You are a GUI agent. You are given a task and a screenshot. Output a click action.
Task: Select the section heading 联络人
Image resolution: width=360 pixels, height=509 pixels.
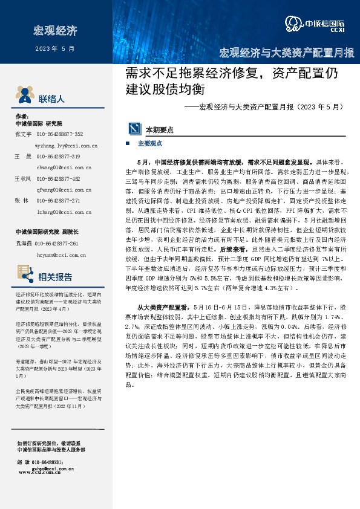point(51,99)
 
